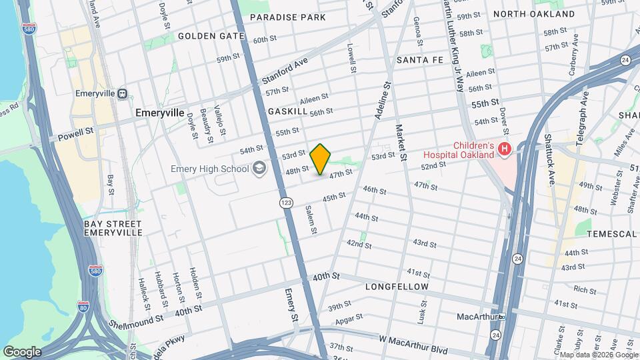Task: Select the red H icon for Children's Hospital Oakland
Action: click(505, 150)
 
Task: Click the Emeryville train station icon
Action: click(122, 94)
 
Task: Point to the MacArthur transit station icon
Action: click(501, 316)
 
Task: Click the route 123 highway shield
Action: click(286, 201)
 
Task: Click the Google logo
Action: click(22, 351)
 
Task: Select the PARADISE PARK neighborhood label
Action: click(287, 17)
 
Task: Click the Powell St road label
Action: click(75, 135)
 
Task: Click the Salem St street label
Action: click(310, 219)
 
